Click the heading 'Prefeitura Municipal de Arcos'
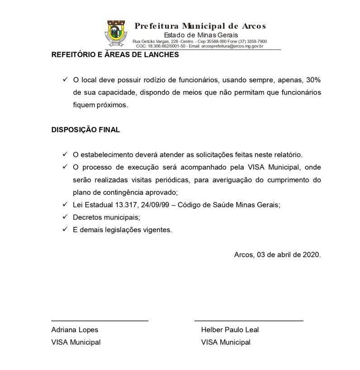tap(200, 26)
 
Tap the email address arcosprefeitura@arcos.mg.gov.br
tap(232, 46)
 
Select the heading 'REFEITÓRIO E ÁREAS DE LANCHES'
tap(115, 55)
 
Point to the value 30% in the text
tap(313, 80)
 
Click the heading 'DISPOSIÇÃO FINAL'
tap(85, 130)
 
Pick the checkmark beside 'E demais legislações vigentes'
tap(65, 229)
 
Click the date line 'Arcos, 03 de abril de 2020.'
tap(277, 254)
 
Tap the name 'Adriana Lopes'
tap(74, 330)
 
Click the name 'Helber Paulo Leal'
tap(230, 330)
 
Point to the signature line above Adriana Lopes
tap(99, 320)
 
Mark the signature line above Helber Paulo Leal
tap(249, 320)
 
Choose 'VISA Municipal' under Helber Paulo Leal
tap(225, 342)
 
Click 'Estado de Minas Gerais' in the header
tap(201, 35)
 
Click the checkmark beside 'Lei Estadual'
tap(65, 205)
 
